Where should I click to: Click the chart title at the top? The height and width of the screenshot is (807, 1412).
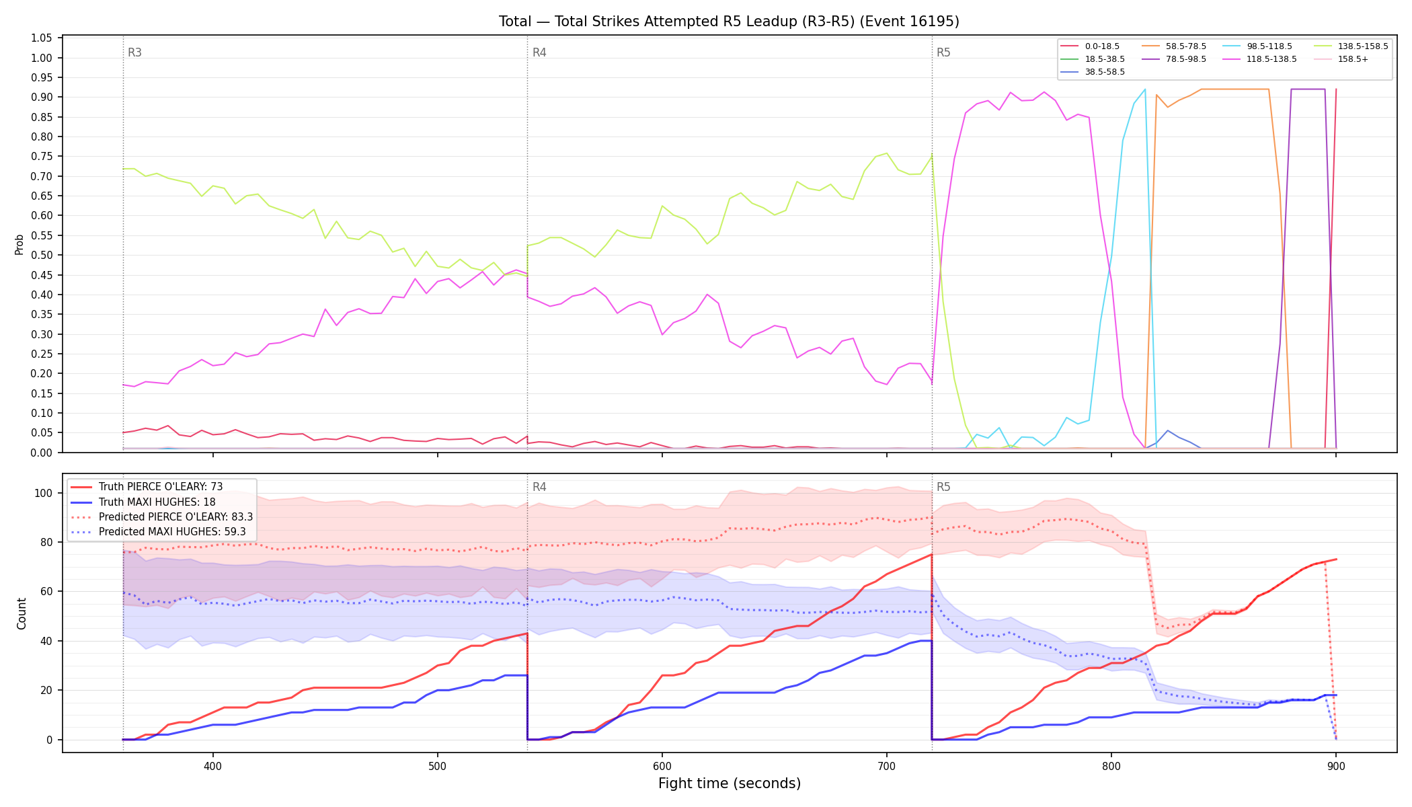tap(729, 22)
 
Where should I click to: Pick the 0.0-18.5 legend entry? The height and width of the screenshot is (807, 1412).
tap(1090, 46)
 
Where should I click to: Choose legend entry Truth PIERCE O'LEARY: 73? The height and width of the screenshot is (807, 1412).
tap(147, 487)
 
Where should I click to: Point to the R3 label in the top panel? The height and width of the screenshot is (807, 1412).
tap(134, 52)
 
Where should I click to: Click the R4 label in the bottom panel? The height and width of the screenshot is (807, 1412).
tap(539, 487)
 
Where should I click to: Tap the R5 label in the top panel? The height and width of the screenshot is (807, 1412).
tap(943, 52)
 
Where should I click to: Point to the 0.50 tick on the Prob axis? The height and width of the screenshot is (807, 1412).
tap(42, 255)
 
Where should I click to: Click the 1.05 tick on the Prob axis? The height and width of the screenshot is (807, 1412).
tap(42, 38)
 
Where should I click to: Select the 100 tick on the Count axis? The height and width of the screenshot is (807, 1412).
tap(44, 493)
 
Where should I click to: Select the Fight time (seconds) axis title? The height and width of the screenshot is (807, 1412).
tap(730, 783)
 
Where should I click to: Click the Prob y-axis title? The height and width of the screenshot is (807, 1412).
tap(19, 244)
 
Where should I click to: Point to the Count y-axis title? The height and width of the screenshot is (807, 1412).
tap(22, 613)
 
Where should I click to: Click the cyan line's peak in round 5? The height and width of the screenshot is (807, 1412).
tap(1144, 89)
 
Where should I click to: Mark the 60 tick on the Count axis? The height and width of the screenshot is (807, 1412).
tap(46, 592)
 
